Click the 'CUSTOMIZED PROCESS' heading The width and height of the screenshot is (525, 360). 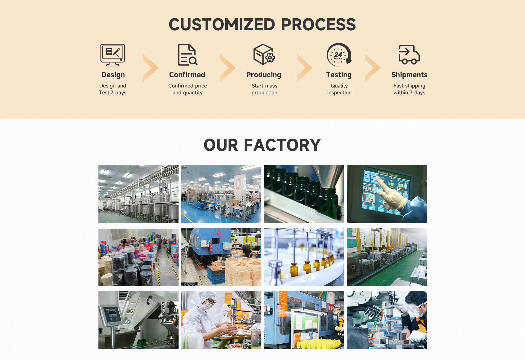click(x=262, y=25)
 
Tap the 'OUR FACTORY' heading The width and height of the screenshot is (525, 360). click(x=262, y=145)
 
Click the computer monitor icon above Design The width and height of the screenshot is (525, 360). click(x=112, y=55)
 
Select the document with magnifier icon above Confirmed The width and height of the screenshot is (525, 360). click(x=187, y=55)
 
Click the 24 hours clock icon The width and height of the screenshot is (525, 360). click(x=339, y=55)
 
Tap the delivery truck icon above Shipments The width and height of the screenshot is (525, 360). click(x=409, y=55)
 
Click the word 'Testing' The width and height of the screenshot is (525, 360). click(x=339, y=75)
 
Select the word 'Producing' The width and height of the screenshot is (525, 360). click(x=264, y=75)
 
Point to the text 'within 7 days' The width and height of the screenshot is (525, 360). click(x=409, y=93)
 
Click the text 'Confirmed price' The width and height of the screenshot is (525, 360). click(x=188, y=86)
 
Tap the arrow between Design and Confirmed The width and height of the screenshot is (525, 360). click(x=150, y=68)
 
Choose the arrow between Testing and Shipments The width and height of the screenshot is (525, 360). click(x=372, y=68)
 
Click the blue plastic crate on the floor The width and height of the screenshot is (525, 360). click(x=216, y=275)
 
